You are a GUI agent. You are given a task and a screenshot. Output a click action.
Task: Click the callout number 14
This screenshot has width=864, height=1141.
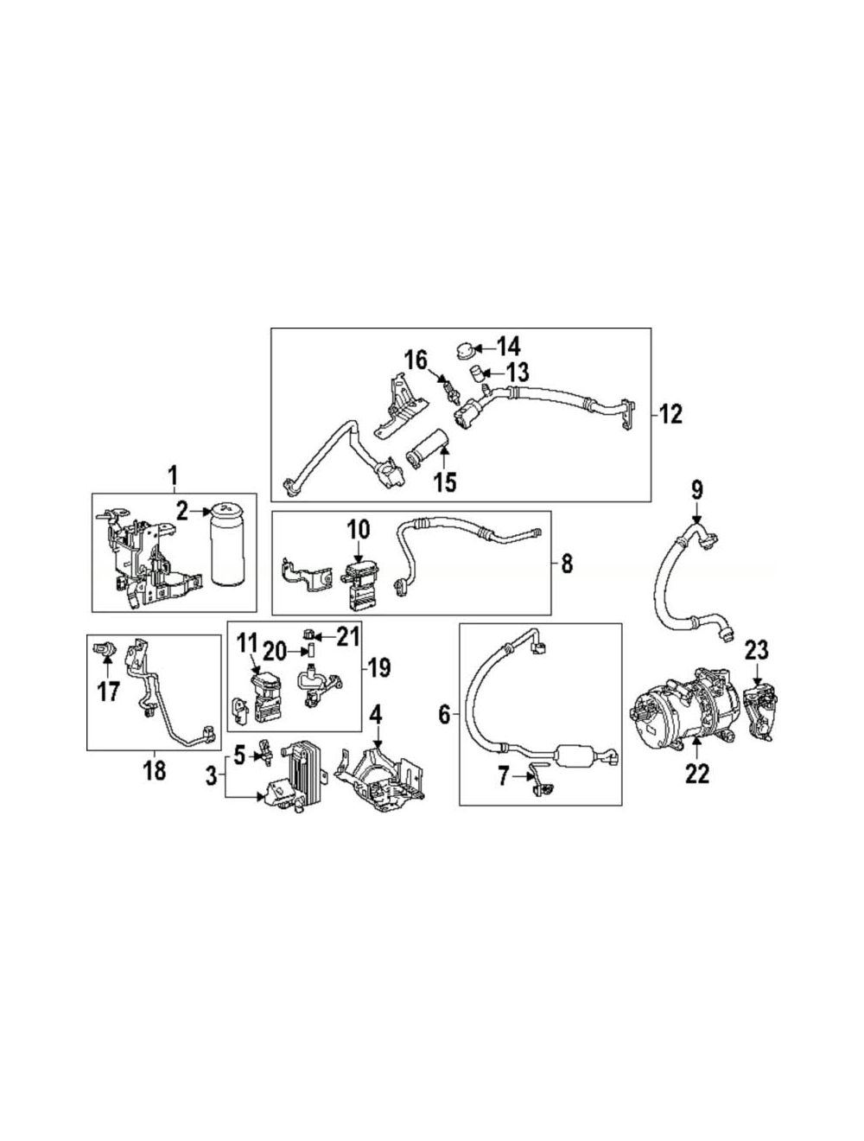(507, 346)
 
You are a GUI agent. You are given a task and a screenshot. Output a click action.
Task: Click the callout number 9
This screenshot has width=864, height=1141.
(696, 489)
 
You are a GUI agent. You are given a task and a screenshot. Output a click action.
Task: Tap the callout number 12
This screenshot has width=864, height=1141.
(670, 415)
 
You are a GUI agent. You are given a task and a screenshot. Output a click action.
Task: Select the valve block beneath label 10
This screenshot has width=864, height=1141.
(359, 583)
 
